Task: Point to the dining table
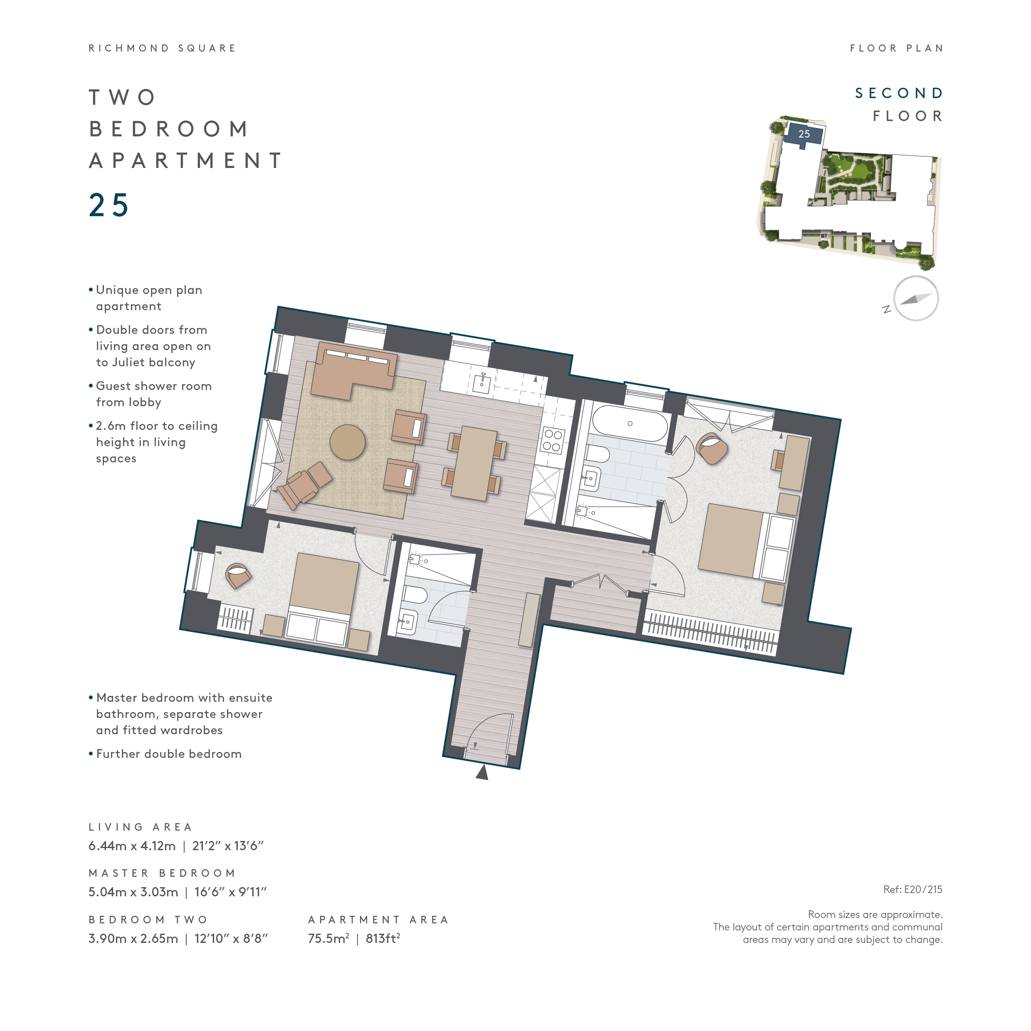tap(474, 463)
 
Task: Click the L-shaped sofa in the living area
tap(353, 370)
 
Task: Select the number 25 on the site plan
tap(804, 134)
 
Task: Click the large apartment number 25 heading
tap(109, 205)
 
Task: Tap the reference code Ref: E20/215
tap(913, 890)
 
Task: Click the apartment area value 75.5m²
tap(328, 938)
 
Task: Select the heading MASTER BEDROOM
tap(162, 873)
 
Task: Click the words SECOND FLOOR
tap(899, 105)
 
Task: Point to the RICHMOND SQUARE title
tap(162, 48)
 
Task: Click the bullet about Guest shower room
tap(151, 394)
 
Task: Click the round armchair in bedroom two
tap(238, 575)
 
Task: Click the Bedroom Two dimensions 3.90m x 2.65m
tap(133, 939)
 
